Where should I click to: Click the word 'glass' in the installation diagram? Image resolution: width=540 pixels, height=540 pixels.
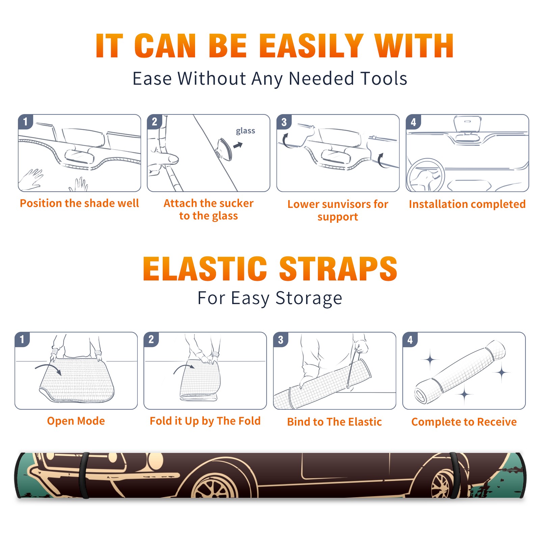coord(245,131)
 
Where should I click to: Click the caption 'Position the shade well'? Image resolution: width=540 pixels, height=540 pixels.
coord(79,203)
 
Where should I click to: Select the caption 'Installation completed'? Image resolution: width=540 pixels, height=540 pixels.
coord(467,204)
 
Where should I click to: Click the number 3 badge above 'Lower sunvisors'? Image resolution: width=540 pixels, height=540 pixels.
coord(284,122)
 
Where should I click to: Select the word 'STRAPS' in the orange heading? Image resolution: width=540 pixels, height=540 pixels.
coord(338,269)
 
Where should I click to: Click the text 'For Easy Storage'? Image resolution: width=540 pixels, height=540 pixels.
coord(270,298)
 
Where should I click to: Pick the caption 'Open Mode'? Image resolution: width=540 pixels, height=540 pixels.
coord(76,421)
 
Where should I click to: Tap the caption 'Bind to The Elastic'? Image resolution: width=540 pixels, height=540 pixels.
coord(334,422)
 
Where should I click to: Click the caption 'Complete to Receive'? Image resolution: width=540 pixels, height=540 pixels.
coord(464,422)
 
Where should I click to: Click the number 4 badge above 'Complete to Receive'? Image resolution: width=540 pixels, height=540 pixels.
coord(410,340)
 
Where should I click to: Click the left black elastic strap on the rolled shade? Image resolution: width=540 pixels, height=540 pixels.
coord(84,475)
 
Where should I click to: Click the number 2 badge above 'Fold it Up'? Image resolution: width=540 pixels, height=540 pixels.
coord(151,340)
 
